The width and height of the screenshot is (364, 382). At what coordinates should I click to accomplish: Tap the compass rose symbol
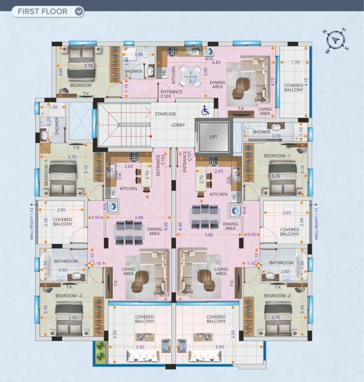click(x=336, y=40)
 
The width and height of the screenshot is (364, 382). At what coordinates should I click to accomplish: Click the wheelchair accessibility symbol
click(x=205, y=110)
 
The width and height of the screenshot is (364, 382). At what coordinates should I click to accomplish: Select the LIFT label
click(x=213, y=137)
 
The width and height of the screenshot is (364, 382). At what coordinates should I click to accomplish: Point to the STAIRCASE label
click(x=165, y=114)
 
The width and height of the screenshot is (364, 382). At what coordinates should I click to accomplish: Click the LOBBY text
click(x=178, y=125)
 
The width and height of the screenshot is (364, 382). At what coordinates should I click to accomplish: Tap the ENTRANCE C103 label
click(x=172, y=94)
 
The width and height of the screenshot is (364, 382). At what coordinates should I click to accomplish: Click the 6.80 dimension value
click(x=216, y=63)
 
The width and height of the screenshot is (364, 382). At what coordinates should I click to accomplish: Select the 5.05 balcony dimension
click(x=219, y=347)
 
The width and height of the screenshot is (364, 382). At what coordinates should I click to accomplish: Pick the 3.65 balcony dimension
click(x=140, y=347)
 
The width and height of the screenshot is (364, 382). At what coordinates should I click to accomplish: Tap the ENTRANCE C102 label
click(x=161, y=165)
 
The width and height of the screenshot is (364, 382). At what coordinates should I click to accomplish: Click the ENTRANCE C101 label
click(x=187, y=162)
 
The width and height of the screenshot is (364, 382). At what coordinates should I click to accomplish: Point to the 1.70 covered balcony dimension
click(x=295, y=63)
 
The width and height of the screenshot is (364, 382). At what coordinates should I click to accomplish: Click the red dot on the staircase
click(x=151, y=136)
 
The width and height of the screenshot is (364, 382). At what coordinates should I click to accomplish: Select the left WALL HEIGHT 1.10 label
click(x=31, y=224)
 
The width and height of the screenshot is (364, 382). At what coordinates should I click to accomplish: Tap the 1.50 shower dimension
click(x=53, y=107)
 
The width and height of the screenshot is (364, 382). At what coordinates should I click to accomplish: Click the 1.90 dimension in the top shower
click(x=138, y=55)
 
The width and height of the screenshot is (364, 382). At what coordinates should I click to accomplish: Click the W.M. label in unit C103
click(x=209, y=59)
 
